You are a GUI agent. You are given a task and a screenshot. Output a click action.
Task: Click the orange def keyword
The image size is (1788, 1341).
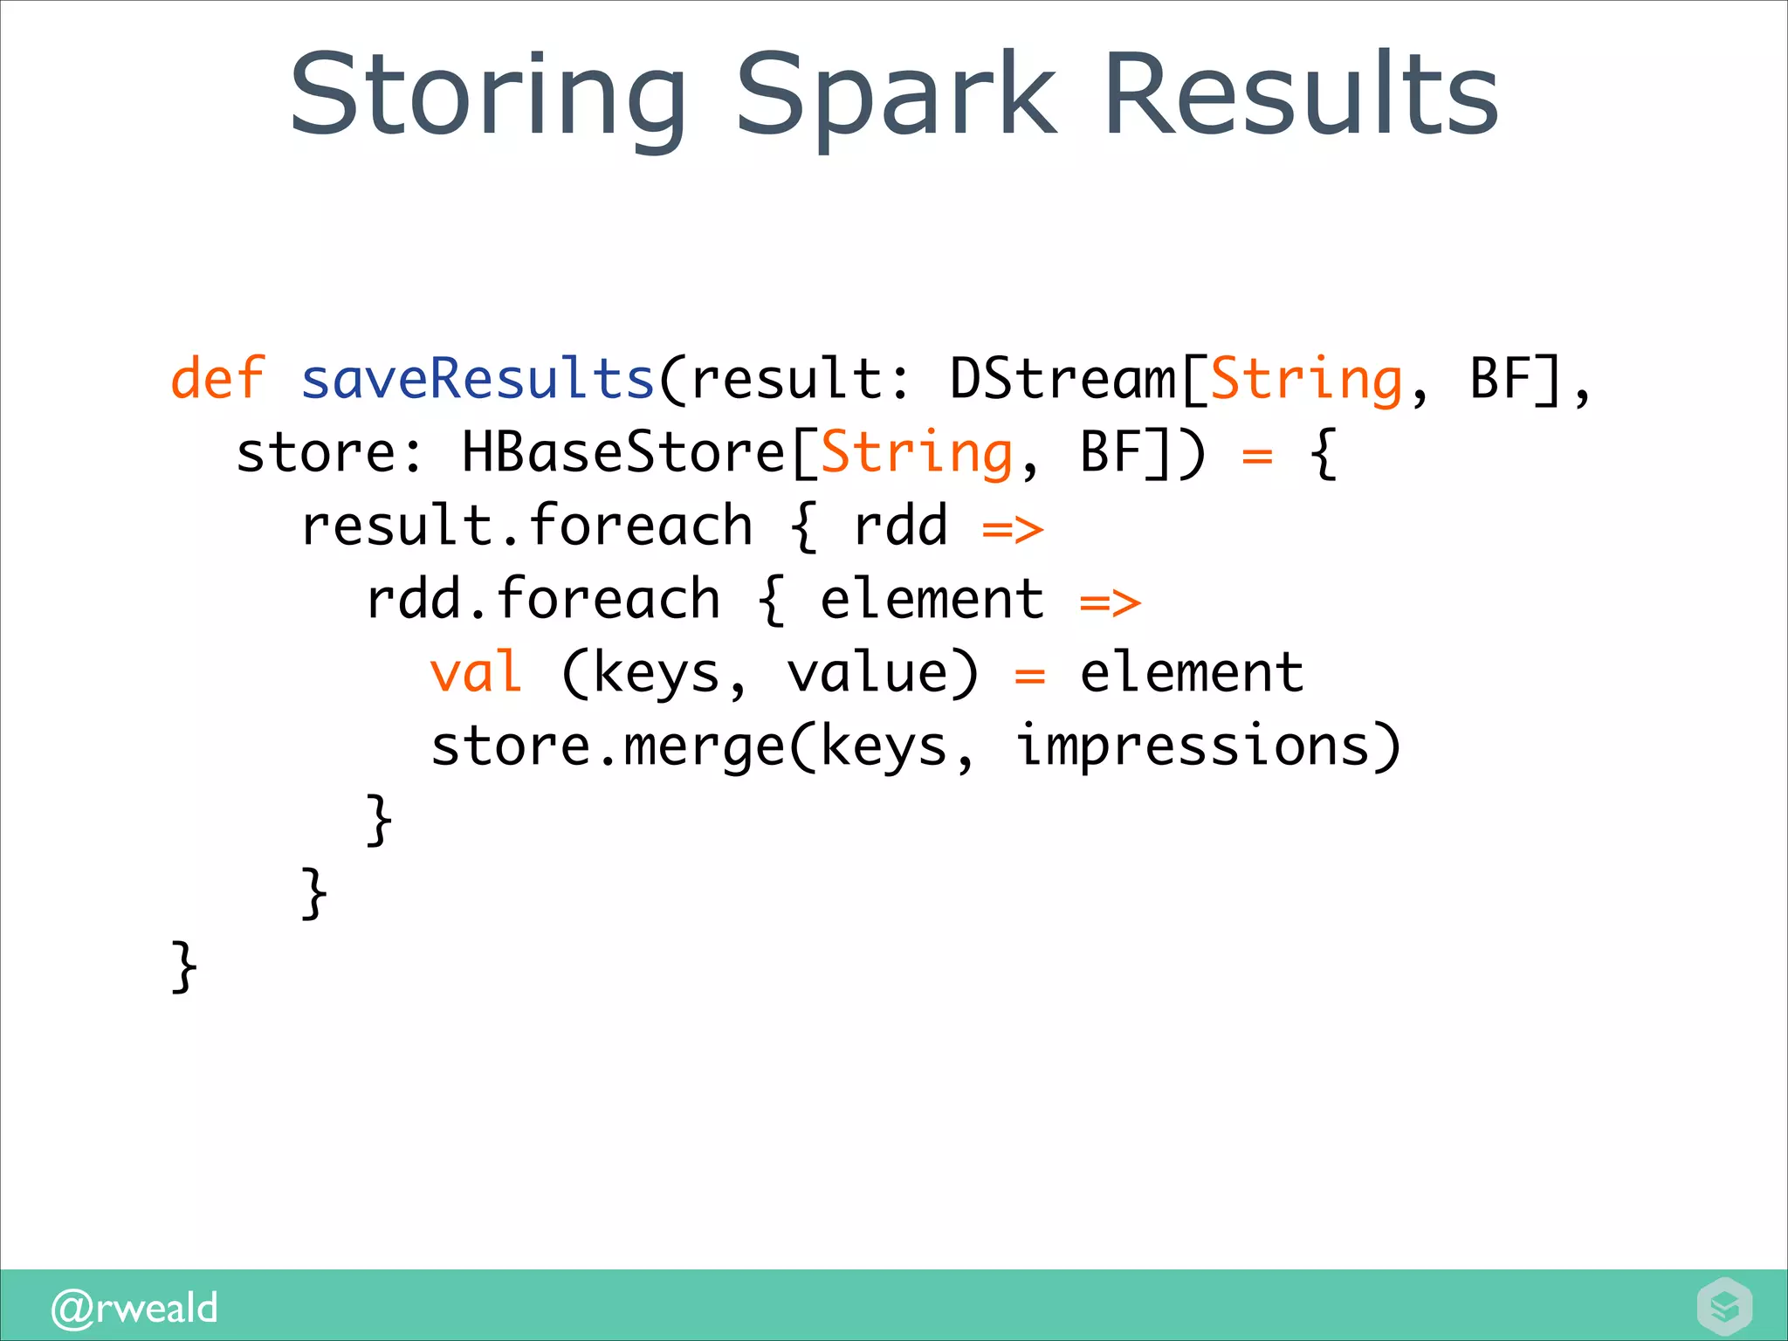coord(217,379)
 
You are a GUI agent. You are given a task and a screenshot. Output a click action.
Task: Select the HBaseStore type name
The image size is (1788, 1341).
coord(623,452)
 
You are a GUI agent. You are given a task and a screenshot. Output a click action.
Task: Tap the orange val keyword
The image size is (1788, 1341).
coord(477,672)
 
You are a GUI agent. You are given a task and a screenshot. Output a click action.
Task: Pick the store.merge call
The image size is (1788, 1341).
coord(608,746)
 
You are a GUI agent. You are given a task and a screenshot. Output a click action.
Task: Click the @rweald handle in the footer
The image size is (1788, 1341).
coord(134,1308)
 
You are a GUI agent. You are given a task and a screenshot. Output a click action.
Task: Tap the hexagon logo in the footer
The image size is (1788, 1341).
coord(1724,1307)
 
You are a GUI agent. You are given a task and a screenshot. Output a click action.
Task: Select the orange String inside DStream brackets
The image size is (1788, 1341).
coord(1306,379)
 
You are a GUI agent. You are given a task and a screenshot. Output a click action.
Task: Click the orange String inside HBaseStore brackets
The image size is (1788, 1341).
coord(917,452)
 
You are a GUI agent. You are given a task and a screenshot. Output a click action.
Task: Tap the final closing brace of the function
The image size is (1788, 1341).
coord(184,966)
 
